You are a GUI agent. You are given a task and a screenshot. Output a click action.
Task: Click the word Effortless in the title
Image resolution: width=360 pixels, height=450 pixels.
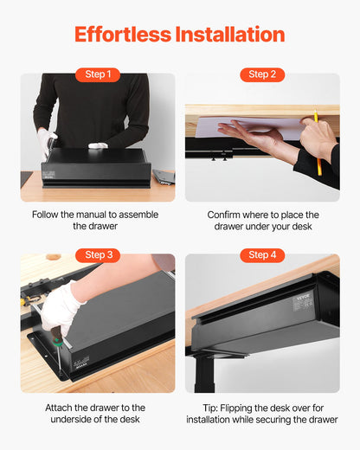(x=123, y=35)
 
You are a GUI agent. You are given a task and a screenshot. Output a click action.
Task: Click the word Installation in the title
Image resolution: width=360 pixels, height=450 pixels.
(x=229, y=35)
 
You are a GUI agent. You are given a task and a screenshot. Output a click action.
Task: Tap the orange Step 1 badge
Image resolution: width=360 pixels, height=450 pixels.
(x=97, y=74)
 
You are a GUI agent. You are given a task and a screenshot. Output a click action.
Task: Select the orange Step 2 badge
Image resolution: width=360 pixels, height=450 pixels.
(x=262, y=74)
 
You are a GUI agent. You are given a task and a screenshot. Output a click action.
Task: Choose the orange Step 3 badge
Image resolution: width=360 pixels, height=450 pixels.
(x=97, y=255)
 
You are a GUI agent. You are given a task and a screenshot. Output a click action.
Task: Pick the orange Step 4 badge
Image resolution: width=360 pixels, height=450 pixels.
(x=262, y=255)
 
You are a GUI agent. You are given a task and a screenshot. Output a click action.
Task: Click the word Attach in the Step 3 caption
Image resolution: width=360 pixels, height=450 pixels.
(x=62, y=407)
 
